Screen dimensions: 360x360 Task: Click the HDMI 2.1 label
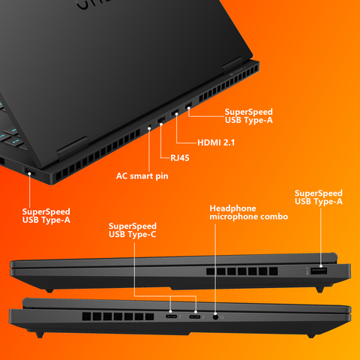click(216, 142)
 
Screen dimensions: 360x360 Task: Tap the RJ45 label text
click(180, 157)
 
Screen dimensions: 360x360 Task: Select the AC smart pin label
click(142, 176)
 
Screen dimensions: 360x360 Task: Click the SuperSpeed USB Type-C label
click(133, 230)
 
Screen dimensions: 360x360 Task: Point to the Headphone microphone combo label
click(249, 212)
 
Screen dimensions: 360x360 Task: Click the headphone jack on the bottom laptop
click(215, 317)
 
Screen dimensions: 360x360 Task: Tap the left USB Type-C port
click(171, 316)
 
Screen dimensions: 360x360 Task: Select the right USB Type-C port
click(195, 317)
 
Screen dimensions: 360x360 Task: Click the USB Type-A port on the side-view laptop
click(319, 271)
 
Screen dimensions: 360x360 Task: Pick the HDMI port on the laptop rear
click(175, 112)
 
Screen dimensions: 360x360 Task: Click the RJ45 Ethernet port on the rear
click(161, 120)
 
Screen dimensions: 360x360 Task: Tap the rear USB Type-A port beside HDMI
click(188, 105)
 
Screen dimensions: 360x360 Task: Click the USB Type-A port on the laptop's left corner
click(31, 173)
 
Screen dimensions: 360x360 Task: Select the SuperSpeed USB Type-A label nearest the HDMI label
click(248, 116)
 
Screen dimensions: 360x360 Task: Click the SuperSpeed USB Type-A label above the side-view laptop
click(319, 197)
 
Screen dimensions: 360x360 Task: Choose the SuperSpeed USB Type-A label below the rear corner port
click(46, 216)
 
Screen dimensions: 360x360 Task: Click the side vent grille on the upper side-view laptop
click(242, 271)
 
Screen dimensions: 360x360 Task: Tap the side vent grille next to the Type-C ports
click(118, 316)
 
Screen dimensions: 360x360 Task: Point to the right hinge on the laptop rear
click(232, 64)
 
